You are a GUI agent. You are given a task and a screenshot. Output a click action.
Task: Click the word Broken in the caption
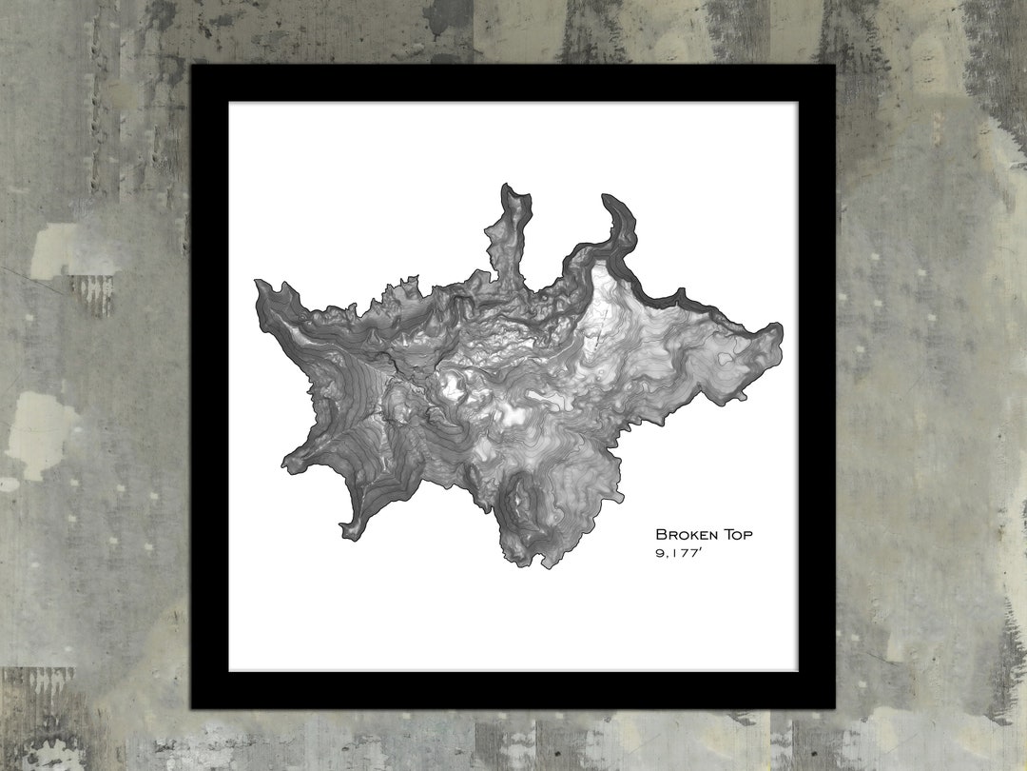[x=686, y=535]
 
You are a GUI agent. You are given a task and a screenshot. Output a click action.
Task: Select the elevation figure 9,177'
[x=679, y=553]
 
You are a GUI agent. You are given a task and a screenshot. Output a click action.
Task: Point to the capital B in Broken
[x=660, y=535]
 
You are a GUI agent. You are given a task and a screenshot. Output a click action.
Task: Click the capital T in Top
[x=727, y=535]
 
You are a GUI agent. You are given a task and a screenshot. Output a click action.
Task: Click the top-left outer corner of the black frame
[x=191, y=65]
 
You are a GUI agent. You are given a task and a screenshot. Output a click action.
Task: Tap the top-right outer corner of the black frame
[x=835, y=65]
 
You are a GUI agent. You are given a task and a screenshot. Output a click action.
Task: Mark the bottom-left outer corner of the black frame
[x=191, y=709]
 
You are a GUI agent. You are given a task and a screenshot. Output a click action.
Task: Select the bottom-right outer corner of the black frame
[x=835, y=709]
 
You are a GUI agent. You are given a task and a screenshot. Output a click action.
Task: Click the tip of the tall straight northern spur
[x=509, y=186]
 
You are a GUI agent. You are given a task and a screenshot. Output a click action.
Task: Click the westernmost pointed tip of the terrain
[x=257, y=282]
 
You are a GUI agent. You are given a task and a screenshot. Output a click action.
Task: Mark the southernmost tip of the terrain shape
[x=546, y=567]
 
